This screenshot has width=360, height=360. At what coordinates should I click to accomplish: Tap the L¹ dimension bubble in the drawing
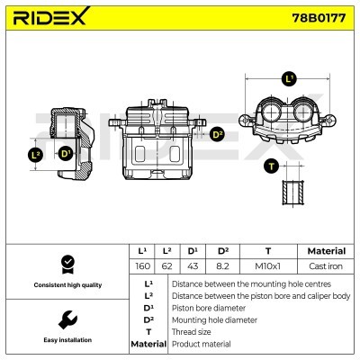tap(289, 79)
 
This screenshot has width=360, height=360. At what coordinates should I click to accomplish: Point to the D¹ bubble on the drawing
tap(65, 154)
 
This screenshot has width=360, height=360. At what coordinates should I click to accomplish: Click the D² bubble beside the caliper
tap(216, 135)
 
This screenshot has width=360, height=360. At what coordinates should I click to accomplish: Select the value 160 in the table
tap(141, 266)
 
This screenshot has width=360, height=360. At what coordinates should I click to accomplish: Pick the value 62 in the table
tap(167, 266)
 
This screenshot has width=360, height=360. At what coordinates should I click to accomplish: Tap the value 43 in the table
tap(193, 266)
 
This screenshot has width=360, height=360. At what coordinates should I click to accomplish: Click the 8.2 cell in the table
tap(223, 266)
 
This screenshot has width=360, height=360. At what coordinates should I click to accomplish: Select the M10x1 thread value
tap(268, 266)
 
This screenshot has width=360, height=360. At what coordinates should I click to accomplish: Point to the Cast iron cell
tap(326, 266)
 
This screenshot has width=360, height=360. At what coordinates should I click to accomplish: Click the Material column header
tap(326, 251)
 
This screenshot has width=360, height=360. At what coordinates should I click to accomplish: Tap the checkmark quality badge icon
tap(66, 265)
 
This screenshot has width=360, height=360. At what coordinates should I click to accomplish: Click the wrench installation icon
tap(66, 319)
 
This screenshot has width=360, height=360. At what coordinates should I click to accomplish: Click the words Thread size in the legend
tap(193, 331)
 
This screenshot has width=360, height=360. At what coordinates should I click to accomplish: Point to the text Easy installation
tap(66, 340)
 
